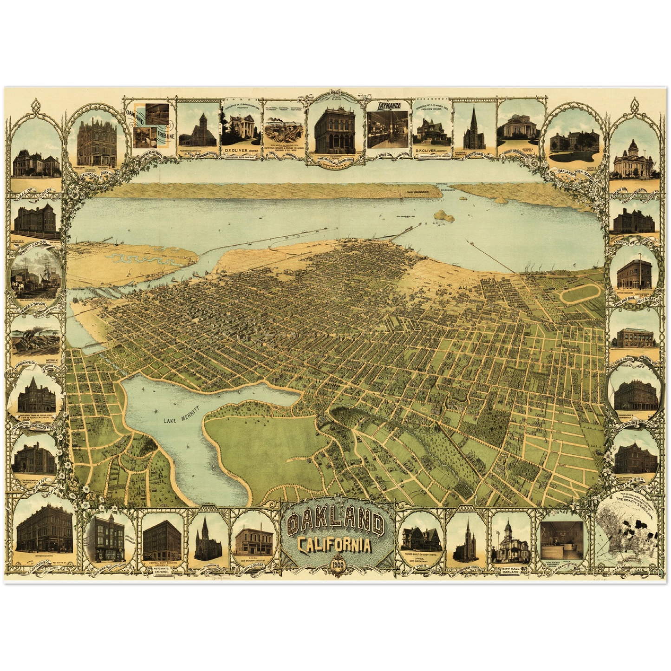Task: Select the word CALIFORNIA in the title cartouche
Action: point(335,545)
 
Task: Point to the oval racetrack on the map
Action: point(580,296)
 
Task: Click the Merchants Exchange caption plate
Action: point(162,569)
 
